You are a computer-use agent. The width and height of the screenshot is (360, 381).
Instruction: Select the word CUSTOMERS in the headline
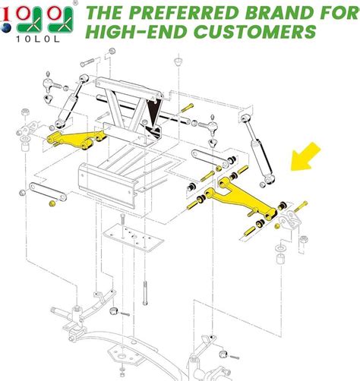pyautogui.click(x=254, y=33)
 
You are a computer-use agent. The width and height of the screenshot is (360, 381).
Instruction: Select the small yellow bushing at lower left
pyautogui.click(x=52, y=205)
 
